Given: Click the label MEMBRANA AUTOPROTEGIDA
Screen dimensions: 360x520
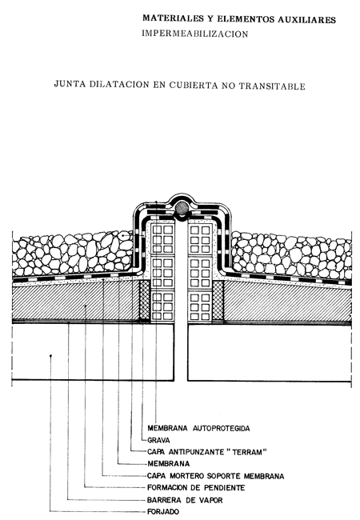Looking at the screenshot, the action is (198, 428).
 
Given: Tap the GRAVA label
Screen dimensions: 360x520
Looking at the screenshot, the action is (158, 440).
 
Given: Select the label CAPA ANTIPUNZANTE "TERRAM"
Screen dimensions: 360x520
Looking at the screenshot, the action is (207, 452).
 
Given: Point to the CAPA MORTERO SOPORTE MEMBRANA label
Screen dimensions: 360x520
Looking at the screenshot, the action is (216, 476).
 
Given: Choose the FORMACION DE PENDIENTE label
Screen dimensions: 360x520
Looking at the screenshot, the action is (196, 487).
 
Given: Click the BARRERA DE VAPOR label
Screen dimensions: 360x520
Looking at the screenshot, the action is (185, 500).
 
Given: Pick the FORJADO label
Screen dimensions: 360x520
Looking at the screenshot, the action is (163, 512).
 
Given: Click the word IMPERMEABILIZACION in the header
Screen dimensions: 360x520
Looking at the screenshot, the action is (195, 34).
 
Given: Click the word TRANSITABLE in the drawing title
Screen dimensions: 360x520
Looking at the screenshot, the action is (272, 86).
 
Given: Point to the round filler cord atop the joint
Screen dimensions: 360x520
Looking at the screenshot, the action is (182, 208).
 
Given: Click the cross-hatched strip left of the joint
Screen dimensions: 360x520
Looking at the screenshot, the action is (145, 300).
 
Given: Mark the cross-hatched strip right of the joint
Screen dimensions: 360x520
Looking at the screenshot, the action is (218, 300).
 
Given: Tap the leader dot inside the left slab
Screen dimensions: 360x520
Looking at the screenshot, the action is (50, 356).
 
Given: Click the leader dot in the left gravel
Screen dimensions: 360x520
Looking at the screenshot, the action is (122, 235).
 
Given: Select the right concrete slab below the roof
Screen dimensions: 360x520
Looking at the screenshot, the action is (270, 353).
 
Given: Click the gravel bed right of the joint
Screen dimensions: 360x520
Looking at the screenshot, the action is (291, 254).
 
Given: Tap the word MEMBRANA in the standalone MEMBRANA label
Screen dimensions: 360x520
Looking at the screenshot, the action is (168, 464).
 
